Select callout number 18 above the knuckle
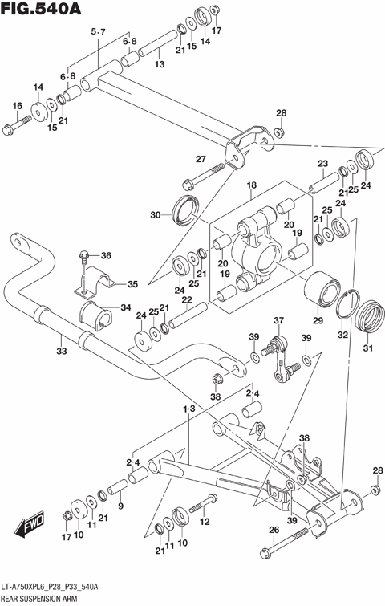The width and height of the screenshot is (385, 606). point(252,186)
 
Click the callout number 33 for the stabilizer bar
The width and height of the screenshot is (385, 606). point(61,350)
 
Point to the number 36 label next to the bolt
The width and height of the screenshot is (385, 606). point(107,256)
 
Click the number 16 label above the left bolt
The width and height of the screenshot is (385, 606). point(17,106)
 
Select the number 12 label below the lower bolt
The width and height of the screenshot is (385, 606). point(205,522)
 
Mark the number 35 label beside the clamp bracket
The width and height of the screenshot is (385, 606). point(132,283)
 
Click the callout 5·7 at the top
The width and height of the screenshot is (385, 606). point(99,31)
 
